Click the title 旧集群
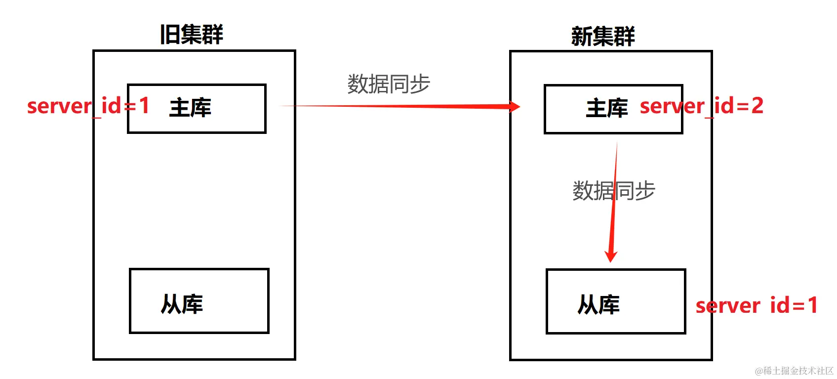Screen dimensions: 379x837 192,35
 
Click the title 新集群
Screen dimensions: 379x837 603,36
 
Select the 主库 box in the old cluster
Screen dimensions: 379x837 237,109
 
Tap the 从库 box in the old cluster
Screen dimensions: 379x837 232,301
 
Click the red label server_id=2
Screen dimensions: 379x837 701,106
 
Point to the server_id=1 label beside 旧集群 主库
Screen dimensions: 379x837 88,106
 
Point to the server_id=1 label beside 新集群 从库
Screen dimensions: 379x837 757,305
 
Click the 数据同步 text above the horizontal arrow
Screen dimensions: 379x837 389,84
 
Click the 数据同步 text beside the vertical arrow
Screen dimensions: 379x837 614,191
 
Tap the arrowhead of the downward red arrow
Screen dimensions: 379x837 611,255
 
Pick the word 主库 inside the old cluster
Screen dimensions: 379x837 190,108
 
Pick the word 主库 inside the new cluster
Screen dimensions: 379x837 607,108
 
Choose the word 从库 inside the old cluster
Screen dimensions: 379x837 182,304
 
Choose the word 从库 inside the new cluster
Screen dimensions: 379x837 598,305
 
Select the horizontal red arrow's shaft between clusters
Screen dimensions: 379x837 395,106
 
